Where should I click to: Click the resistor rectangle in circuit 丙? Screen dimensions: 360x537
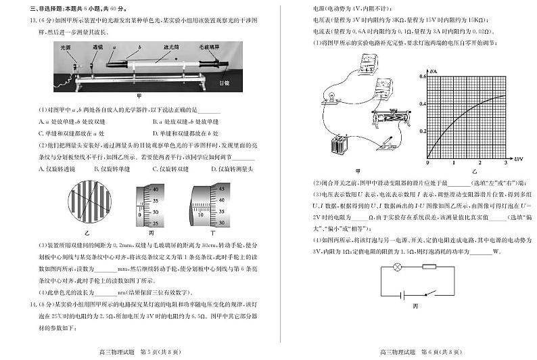point(429,269)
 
